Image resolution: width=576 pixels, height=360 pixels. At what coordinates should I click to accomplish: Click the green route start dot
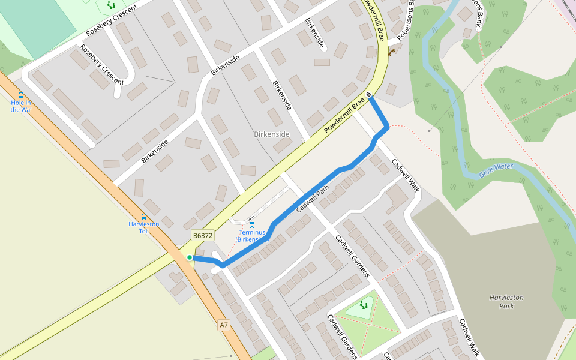pos(190,257)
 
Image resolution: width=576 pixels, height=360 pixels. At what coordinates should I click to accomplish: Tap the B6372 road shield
pos(203,236)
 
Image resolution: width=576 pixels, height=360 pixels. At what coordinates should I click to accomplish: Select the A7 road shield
pos(224,325)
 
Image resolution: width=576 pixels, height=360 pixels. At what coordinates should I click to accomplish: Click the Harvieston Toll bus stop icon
pos(143,217)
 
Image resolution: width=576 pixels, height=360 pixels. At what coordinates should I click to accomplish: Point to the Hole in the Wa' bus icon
pos(21,95)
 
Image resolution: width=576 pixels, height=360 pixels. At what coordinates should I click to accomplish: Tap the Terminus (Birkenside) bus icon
pos(252,225)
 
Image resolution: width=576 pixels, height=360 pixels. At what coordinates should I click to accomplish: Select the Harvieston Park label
pos(506,301)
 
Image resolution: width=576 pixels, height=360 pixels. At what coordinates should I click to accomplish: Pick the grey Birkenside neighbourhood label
pos(272,134)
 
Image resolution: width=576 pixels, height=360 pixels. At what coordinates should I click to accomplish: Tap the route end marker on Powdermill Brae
pos(368,95)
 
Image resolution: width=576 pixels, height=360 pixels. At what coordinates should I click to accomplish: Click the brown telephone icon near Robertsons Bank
pos(391,52)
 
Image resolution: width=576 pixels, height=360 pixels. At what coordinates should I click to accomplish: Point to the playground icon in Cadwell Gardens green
pos(364,305)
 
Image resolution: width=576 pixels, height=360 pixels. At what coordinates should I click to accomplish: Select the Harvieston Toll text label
pos(144,227)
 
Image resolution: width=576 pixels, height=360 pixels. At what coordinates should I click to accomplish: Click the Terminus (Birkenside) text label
pos(252,236)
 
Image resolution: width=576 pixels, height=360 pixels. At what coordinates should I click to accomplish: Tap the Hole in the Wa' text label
pos(20,106)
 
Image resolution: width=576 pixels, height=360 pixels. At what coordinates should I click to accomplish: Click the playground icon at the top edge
pos(110,5)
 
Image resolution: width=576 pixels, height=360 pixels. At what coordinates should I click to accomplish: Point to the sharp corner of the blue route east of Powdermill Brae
pos(388,127)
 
